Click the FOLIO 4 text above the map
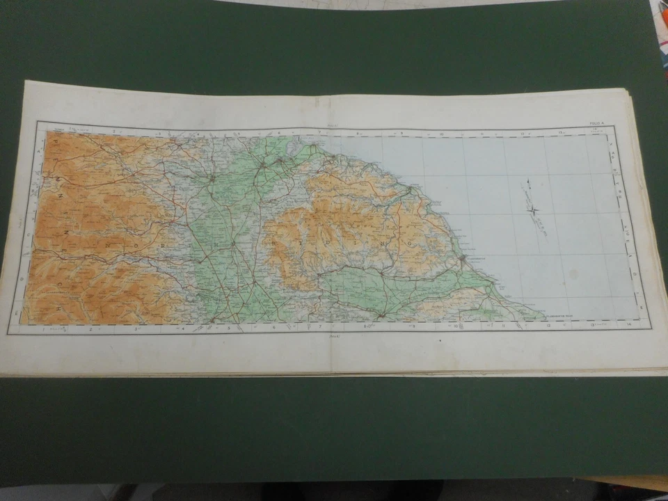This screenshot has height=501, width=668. coord(597,123)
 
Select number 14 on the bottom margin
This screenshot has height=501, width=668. coord(628,325)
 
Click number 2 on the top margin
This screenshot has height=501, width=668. coord(113,130)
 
